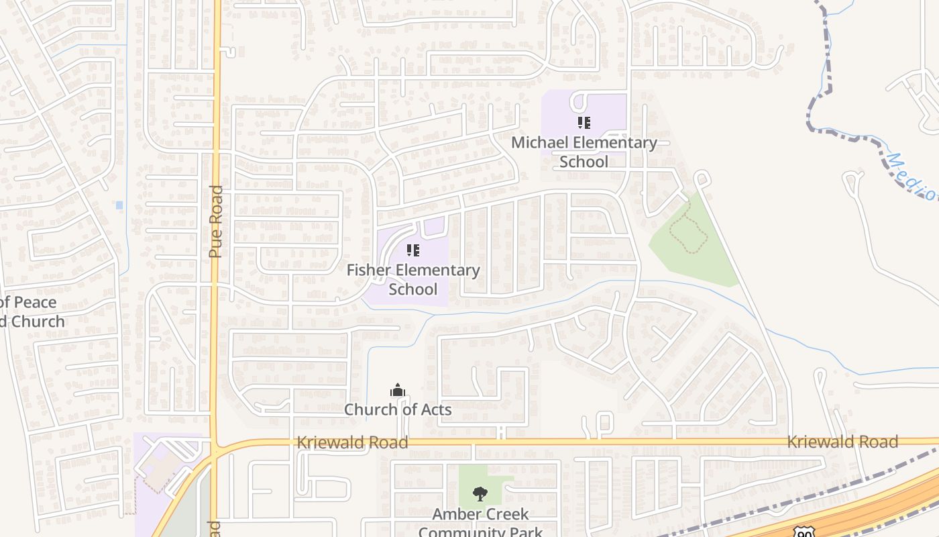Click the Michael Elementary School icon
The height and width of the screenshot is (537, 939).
[584, 123]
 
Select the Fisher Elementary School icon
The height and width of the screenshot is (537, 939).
[413, 250]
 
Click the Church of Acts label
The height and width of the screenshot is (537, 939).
[398, 409]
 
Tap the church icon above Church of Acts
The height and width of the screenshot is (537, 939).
[398, 390]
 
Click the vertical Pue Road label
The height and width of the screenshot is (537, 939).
[215, 222]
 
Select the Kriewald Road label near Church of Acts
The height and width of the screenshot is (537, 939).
[352, 442]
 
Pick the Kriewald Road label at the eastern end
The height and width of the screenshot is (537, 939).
[842, 442]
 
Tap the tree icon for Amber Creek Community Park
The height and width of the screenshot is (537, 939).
[480, 494]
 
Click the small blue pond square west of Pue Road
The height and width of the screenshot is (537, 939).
[119, 205]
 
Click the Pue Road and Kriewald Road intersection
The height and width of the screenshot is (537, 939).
[216, 444]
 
